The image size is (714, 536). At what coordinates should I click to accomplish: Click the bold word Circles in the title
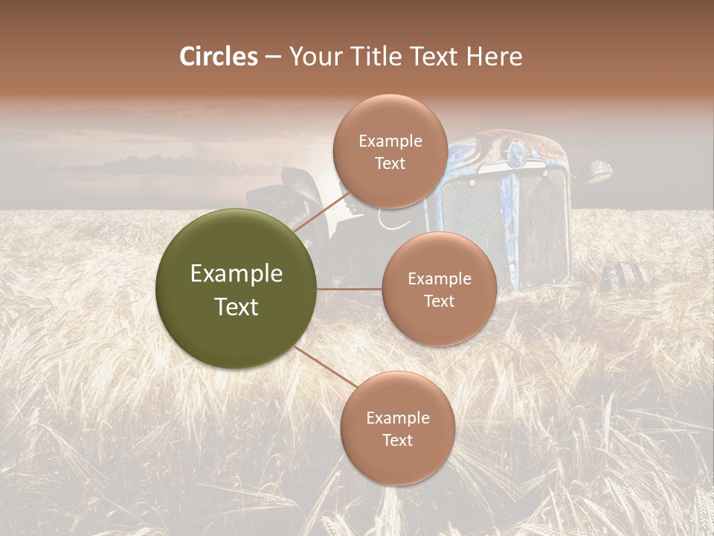click(x=219, y=57)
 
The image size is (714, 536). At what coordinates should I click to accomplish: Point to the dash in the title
click(x=273, y=57)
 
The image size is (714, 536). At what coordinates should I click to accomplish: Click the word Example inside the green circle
click(x=237, y=274)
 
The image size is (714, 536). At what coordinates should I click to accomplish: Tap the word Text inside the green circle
click(x=237, y=307)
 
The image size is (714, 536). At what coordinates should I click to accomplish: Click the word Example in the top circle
click(x=390, y=141)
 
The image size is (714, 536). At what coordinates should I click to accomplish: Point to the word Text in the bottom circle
click(x=397, y=440)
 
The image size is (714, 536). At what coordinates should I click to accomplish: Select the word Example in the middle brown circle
click(x=439, y=279)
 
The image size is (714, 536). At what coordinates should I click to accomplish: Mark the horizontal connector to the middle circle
click(x=350, y=289)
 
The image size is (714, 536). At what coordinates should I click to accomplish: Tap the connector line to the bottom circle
click(x=325, y=366)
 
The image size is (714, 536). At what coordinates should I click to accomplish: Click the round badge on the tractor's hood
click(x=515, y=154)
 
